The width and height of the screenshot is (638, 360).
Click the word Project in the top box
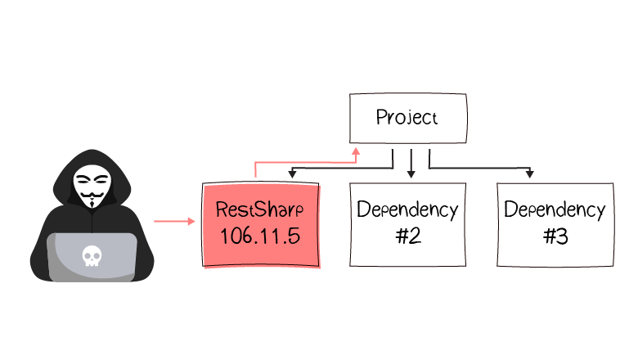(x=407, y=117)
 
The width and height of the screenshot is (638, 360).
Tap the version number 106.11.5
(x=260, y=237)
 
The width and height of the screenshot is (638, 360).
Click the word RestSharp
(x=260, y=209)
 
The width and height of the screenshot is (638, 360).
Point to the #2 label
(x=407, y=238)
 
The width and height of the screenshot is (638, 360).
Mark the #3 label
(x=555, y=238)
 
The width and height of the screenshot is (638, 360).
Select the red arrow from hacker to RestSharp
(x=173, y=221)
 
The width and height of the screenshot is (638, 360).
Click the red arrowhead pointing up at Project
(x=356, y=151)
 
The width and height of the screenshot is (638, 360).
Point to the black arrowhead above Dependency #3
(x=531, y=173)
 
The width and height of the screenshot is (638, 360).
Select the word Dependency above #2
(x=407, y=209)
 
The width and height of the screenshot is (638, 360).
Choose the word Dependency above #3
(x=555, y=209)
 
